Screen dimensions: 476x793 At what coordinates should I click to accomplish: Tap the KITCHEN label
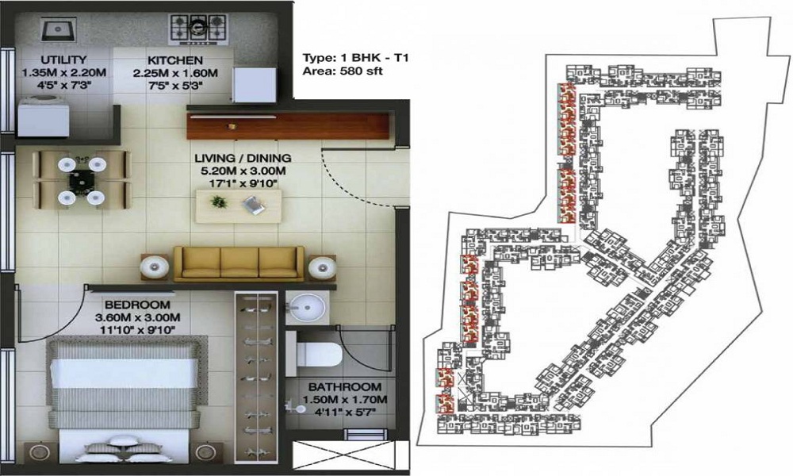point(174,59)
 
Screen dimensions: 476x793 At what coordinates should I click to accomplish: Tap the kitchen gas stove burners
point(197,29)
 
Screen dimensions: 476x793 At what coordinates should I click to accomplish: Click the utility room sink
point(57,30)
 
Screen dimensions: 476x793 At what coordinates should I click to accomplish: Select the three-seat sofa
point(238,262)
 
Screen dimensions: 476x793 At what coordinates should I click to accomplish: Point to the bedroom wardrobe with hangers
point(257,373)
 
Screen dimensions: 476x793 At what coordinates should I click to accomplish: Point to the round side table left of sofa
point(155,267)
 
